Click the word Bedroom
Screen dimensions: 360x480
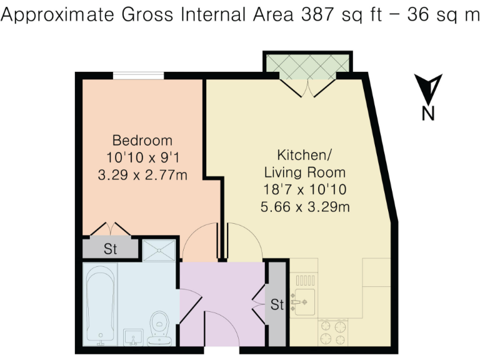tap(142, 140)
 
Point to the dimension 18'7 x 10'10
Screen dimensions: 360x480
tap(304, 189)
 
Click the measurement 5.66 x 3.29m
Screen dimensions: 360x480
tap(304, 206)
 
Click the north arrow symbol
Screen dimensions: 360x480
tap(428, 89)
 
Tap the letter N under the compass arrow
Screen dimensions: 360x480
tap(428, 113)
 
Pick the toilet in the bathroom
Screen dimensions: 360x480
tap(161, 326)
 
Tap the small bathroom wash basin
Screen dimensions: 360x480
tap(133, 338)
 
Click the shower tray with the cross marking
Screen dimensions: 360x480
tap(157, 251)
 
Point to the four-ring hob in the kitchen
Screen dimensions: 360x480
tap(333, 332)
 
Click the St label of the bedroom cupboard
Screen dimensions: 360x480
tap(111, 249)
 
